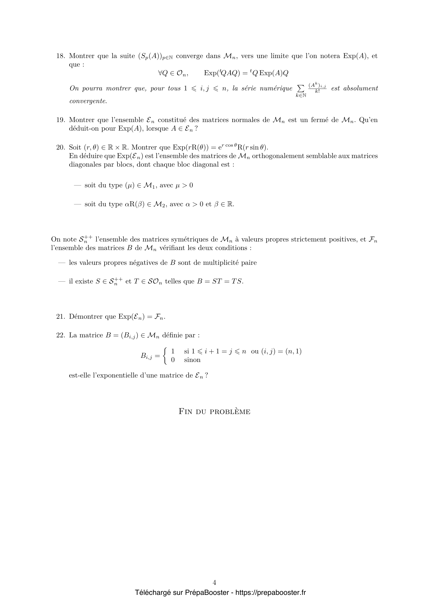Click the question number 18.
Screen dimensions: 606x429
pos(60,56)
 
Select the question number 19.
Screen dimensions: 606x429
pos(60,120)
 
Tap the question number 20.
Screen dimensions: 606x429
pos(60,147)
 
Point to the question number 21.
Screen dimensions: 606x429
pos(60,316)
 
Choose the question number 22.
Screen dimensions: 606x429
pos(60,335)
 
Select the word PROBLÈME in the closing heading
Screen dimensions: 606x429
pos(230,412)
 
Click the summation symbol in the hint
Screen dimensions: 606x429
pos(301,87)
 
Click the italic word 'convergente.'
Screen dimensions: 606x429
pos(88,101)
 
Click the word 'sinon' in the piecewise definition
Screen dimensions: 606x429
pos(192,360)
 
